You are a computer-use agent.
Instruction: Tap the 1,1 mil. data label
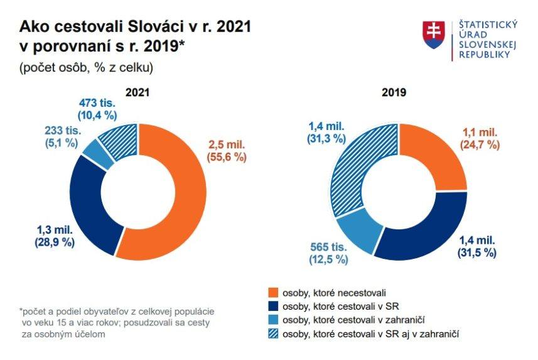click(x=480, y=133)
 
